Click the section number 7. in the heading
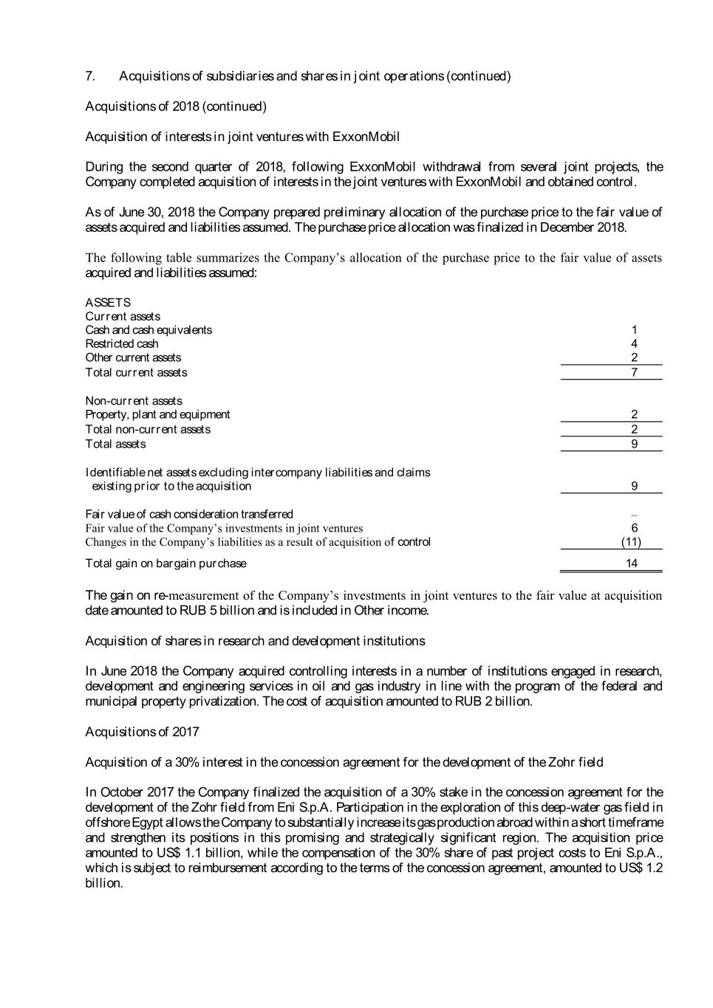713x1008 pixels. [90, 76]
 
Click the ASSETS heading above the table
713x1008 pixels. [108, 302]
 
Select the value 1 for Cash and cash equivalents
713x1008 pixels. [634, 330]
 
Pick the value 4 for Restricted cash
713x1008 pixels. [634, 343]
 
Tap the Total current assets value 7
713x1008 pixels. [634, 372]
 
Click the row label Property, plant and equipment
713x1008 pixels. [157, 414]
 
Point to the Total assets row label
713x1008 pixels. [115, 444]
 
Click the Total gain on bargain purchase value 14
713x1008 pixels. [631, 563]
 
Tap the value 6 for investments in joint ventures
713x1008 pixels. [634, 528]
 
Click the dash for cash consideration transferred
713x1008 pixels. [634, 515]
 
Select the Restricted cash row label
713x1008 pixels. [122, 343]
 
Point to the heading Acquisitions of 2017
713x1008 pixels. [142, 732]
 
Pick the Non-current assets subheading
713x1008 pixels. [134, 401]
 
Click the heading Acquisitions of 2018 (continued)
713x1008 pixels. [176, 106]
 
